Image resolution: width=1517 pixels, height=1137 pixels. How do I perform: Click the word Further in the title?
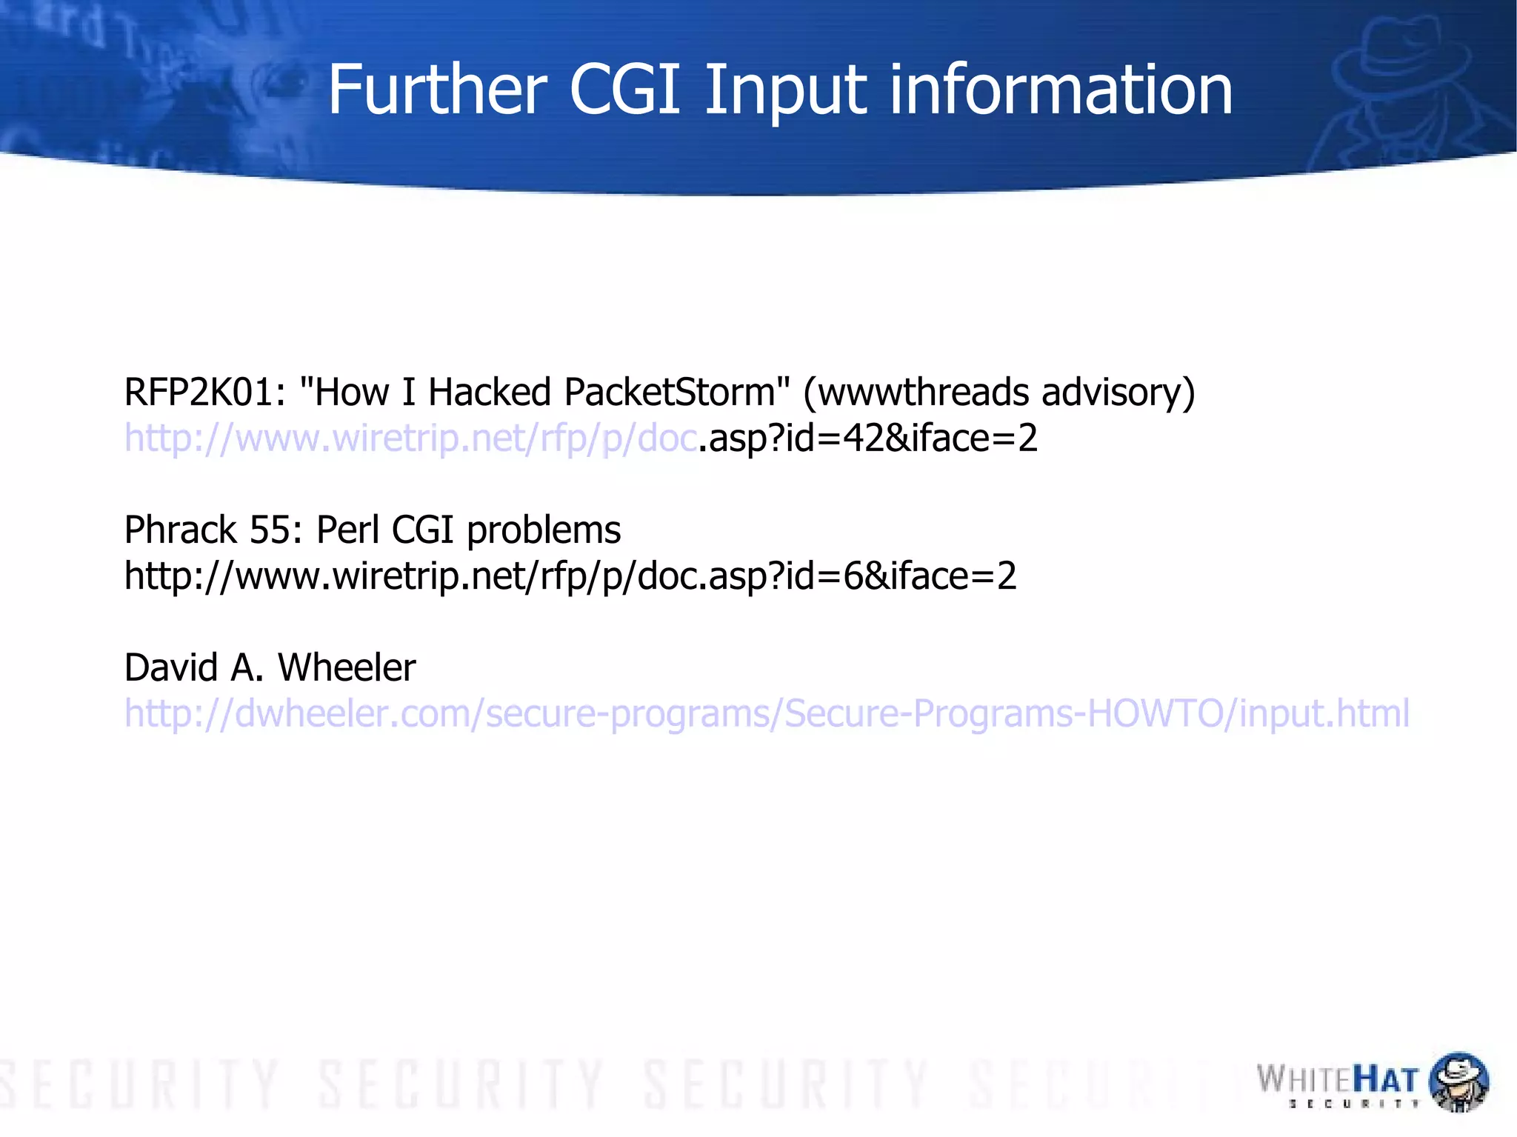pyautogui.click(x=437, y=90)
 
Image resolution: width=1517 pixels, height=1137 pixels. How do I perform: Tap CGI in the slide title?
pyautogui.click(x=624, y=90)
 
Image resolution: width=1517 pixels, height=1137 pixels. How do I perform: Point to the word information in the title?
pyautogui.click(x=1061, y=90)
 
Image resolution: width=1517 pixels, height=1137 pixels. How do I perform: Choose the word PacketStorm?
pyautogui.click(x=670, y=392)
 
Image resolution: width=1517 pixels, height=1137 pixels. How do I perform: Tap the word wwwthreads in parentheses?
pyautogui.click(x=923, y=392)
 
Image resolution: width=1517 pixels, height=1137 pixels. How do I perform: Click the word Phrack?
pyautogui.click(x=180, y=530)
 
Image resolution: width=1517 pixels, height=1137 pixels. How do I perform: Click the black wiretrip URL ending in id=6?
pyautogui.click(x=570, y=576)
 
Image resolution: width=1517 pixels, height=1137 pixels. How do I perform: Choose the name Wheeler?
pyautogui.click(x=347, y=667)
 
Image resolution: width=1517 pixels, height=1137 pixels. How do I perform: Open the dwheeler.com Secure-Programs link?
pyautogui.click(x=767, y=714)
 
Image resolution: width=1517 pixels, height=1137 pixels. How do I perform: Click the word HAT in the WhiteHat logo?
pyautogui.click(x=1385, y=1081)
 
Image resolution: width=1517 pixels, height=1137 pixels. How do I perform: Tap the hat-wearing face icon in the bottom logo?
pyautogui.click(x=1458, y=1081)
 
